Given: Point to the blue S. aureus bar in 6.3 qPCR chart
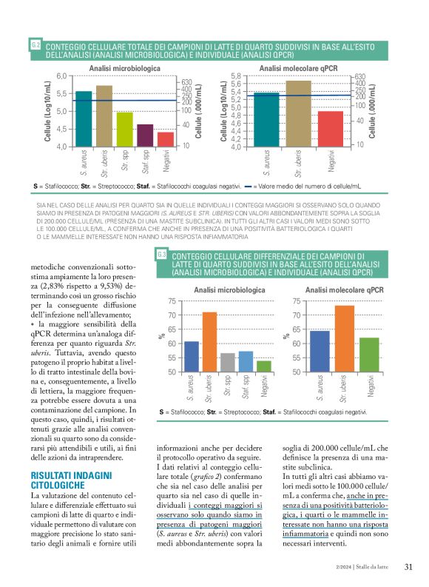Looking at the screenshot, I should (319, 351).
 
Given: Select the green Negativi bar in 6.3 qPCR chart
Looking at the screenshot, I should (368, 355).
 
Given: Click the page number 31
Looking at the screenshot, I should (408, 568).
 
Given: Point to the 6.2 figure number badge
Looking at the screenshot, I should (36, 46).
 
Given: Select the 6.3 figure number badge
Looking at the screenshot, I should (163, 255).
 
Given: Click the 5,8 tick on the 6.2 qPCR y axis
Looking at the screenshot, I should (236, 76).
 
